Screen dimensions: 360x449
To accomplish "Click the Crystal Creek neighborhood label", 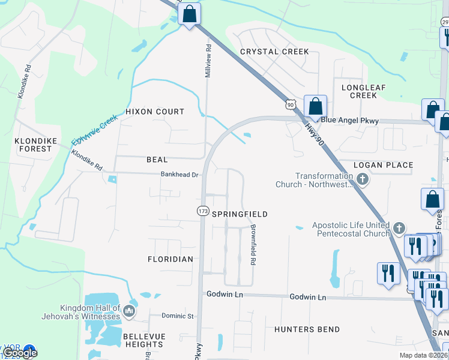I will (x=274, y=52).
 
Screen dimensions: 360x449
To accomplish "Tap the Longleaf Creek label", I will (x=359, y=91).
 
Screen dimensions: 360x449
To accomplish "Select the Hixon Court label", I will (x=155, y=112).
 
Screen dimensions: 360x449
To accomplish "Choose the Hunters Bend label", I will (x=307, y=329).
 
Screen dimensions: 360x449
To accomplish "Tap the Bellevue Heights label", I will (x=143, y=340).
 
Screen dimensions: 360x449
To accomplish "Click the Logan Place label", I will (x=383, y=165).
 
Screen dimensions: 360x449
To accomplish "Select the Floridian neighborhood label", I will (x=170, y=259).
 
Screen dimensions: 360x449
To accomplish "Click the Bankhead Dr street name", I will (x=179, y=175).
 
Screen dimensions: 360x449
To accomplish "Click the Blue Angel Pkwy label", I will (x=349, y=121).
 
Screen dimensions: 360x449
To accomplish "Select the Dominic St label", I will (x=178, y=316).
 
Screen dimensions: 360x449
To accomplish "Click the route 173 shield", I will (x=202, y=211).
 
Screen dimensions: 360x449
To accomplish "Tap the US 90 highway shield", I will (x=291, y=104).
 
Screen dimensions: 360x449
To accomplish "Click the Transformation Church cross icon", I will (x=362, y=179).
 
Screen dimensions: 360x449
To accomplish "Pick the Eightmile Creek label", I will (x=92, y=131).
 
